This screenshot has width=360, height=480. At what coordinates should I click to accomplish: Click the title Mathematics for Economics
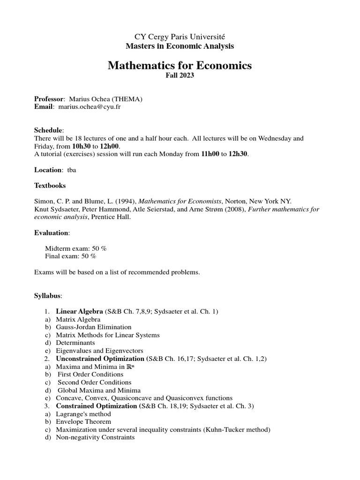point(180,65)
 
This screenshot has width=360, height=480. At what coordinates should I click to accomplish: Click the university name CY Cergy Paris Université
point(180,37)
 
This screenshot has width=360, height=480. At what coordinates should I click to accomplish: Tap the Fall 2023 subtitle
point(180,76)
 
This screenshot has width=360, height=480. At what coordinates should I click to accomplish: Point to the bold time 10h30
point(82,146)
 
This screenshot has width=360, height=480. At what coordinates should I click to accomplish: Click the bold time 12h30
point(238,154)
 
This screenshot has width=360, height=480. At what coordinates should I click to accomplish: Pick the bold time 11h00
point(210,154)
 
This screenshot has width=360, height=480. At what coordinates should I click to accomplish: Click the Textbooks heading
point(50,186)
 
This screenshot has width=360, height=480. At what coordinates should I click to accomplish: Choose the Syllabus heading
point(48,296)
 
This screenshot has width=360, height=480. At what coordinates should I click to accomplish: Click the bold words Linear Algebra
point(79,311)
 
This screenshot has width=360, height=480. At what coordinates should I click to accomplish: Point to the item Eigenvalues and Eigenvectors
point(99,351)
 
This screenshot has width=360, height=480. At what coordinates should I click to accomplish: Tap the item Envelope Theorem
point(83,422)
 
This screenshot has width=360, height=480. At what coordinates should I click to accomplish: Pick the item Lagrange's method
point(83,414)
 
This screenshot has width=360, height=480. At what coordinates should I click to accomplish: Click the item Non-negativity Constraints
point(95,437)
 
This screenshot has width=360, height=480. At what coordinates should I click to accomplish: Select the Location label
point(48,170)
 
